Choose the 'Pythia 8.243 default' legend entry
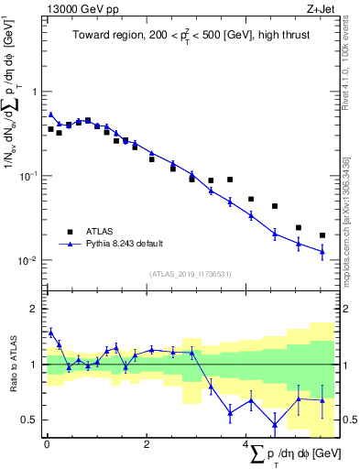(124, 244)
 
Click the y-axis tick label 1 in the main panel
(35, 92)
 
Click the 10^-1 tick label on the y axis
(30, 176)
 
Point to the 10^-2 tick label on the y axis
(30, 261)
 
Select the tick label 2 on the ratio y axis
(35, 309)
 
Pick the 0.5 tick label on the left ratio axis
(31, 420)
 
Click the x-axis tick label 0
(47, 445)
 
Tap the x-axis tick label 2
(147, 445)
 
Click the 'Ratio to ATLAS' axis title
(13, 365)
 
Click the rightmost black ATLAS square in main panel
(322, 235)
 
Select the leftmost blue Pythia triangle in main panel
(50, 115)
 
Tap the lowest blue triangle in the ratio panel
(275, 423)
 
